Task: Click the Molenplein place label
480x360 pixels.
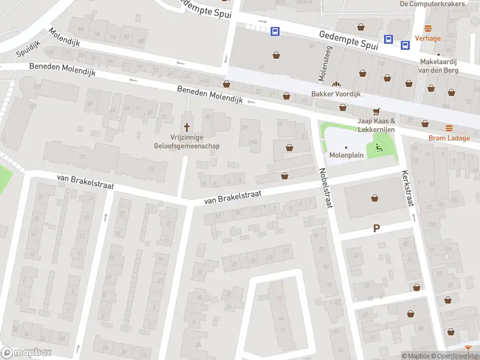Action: coord(346,155)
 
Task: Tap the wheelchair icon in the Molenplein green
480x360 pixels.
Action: coord(379,147)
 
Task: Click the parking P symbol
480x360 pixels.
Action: coord(377,227)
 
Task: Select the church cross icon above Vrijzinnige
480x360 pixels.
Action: coord(187,127)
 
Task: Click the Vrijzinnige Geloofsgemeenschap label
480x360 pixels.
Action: coord(187,140)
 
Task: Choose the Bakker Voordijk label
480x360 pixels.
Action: coord(335,94)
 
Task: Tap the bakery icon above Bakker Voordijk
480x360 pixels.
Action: coord(337,85)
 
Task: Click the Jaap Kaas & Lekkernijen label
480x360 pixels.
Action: coord(376,124)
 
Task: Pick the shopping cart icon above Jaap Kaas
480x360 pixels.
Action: coord(377,111)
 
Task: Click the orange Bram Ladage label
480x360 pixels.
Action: coord(449,137)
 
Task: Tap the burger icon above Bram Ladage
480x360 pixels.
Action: coord(449,127)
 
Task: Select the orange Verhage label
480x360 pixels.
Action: coord(428,38)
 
